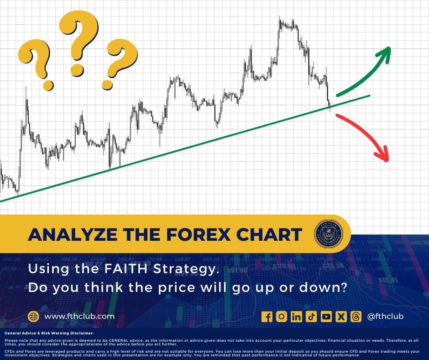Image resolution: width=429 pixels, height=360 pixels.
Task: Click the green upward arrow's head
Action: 386,53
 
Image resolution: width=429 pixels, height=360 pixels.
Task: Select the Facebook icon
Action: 267,316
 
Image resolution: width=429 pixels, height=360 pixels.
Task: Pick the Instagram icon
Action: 282,316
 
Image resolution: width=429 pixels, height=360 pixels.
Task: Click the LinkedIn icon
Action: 297,316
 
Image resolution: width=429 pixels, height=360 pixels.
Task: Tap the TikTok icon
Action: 311,316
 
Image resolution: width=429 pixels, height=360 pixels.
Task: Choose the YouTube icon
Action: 326,316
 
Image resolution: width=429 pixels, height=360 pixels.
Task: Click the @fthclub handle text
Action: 385,316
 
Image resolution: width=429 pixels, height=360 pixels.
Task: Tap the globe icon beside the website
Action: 33,316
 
